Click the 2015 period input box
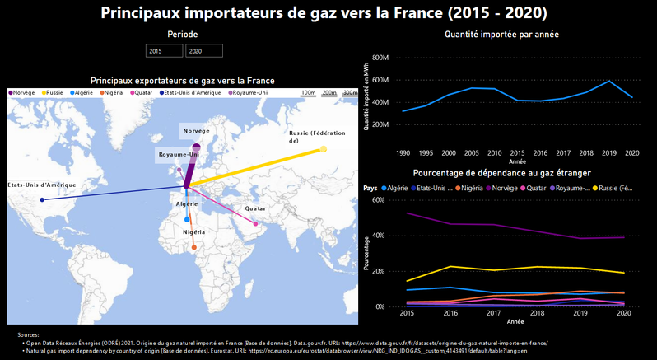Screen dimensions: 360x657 tap(164, 51)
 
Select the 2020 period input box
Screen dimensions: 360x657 tap(203, 51)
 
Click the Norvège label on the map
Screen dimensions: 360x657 tap(196, 131)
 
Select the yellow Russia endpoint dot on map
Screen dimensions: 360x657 tap(324, 149)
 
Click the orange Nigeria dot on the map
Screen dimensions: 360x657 tap(193, 247)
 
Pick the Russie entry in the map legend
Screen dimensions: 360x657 tap(54, 93)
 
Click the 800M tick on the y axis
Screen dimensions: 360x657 tap(380, 58)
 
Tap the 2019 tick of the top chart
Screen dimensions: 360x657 tap(608, 152)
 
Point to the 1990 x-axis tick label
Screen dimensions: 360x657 tap(403, 152)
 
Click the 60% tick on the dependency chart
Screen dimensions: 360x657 tap(379, 199)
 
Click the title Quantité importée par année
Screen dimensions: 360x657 tap(502, 35)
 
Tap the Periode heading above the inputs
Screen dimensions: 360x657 tap(183, 35)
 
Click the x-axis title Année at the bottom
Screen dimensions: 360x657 tap(515, 322)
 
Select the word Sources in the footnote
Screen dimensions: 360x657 tap(29, 334)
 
